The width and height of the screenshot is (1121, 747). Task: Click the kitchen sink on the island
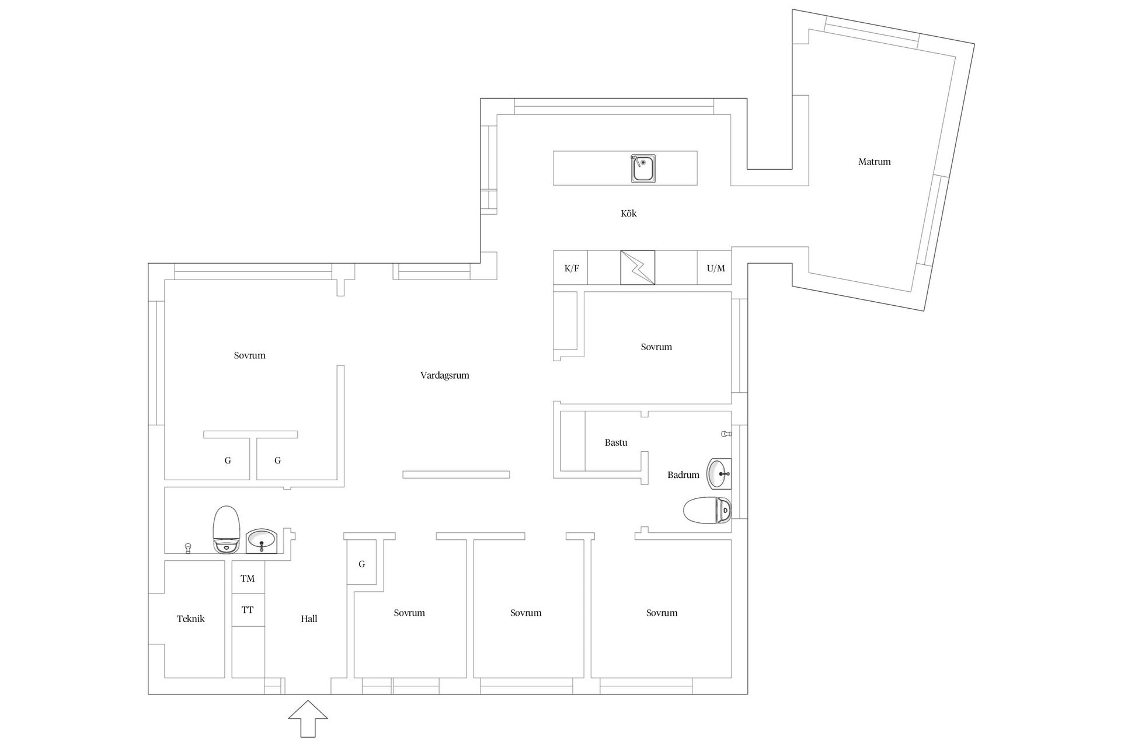pyautogui.click(x=643, y=169)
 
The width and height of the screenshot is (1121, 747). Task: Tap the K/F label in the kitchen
pyautogui.click(x=572, y=268)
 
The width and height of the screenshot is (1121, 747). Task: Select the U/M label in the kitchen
pyautogui.click(x=716, y=268)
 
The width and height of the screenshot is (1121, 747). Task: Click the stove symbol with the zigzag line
pyautogui.click(x=638, y=268)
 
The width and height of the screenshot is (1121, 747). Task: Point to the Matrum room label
pyautogui.click(x=874, y=162)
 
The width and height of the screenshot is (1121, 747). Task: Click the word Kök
pyautogui.click(x=628, y=214)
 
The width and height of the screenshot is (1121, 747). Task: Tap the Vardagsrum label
pyautogui.click(x=444, y=375)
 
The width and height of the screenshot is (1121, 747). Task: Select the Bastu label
pyautogui.click(x=615, y=442)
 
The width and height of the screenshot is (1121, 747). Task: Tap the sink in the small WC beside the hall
pyautogui.click(x=262, y=541)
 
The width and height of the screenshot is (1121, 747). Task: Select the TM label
pyautogui.click(x=248, y=578)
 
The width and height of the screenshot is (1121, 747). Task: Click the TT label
pyautogui.click(x=248, y=610)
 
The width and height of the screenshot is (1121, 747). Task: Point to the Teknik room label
pyautogui.click(x=190, y=619)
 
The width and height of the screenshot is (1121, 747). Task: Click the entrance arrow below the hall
pyautogui.click(x=308, y=718)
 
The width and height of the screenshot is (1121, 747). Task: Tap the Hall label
pyautogui.click(x=309, y=619)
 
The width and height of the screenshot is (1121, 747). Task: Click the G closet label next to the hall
pyautogui.click(x=362, y=564)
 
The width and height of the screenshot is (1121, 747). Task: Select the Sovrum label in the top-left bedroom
pyautogui.click(x=249, y=355)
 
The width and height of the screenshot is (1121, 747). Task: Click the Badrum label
pyautogui.click(x=683, y=475)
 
